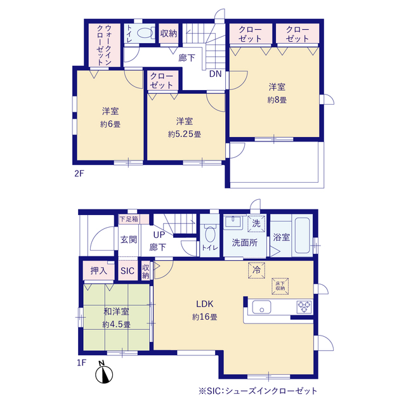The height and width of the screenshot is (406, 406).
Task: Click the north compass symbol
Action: point(104,372)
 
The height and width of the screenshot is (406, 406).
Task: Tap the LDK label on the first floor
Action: point(204,304)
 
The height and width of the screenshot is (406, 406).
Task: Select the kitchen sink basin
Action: point(261,307)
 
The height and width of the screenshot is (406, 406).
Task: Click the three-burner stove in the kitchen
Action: point(304,307)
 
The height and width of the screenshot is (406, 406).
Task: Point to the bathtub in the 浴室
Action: point(302,235)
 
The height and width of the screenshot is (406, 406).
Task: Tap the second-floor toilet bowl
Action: point(145,33)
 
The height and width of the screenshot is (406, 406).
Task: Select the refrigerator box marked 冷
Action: point(256,270)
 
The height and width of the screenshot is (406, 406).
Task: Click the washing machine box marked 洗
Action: point(256,223)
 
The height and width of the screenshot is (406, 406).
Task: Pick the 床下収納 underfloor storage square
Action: point(280,286)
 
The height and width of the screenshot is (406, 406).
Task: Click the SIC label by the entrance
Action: point(128,271)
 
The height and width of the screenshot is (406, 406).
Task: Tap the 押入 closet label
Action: point(99,271)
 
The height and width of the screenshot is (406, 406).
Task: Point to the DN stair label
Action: point(216,74)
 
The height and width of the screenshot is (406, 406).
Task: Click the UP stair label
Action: point(159,235)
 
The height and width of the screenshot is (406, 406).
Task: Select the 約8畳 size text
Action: point(277,100)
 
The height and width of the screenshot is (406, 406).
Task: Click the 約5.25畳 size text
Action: point(185,134)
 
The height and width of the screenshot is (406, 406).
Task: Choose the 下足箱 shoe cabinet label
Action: point(129,219)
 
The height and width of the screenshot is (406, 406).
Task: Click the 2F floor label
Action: point(79,173)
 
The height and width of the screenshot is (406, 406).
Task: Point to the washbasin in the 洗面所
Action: point(233,222)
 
